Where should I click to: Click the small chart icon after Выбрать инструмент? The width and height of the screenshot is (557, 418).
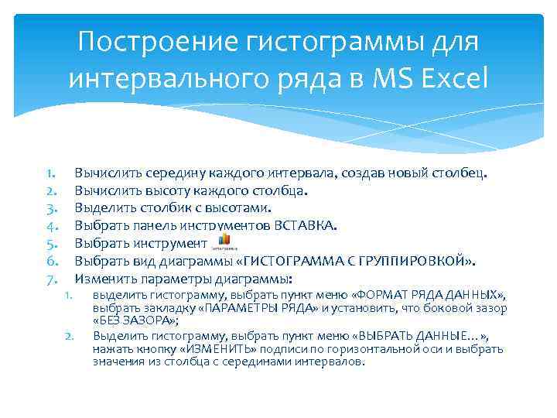pyautogui.click(x=222, y=242)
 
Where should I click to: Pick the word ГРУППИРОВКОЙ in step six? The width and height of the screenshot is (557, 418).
pyautogui.click(x=422, y=261)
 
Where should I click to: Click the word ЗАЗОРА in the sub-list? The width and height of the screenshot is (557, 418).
pyautogui.click(x=148, y=320)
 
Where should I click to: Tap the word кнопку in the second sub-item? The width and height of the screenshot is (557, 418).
pyautogui.click(x=155, y=349)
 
